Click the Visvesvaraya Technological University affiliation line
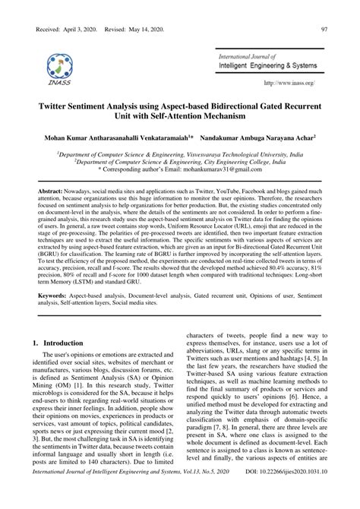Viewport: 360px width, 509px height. point(179,154)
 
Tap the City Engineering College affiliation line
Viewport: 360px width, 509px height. point(179,163)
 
